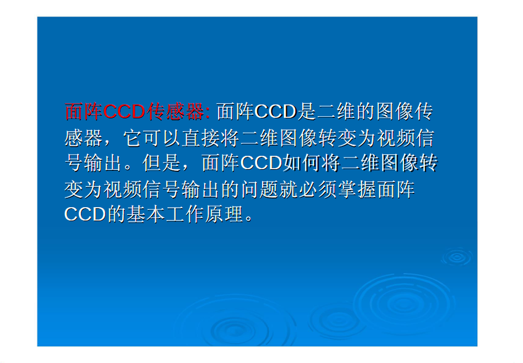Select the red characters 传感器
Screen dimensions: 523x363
[175, 111]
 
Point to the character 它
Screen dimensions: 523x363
[133, 138]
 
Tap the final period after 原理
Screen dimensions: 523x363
[249, 219]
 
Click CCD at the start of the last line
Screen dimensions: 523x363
[85, 214]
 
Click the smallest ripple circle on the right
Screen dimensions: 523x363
[456, 257]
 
